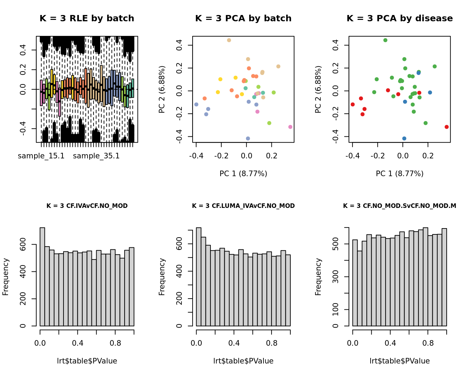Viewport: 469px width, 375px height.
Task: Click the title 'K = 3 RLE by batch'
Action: point(87,18)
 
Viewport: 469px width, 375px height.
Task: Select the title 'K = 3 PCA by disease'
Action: point(400,18)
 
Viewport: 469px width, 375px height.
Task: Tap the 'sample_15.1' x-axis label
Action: point(41,156)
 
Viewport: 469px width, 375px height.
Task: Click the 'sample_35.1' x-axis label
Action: point(96,156)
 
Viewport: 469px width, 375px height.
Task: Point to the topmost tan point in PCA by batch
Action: point(229,40)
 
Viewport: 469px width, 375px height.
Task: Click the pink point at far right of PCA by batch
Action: point(290,127)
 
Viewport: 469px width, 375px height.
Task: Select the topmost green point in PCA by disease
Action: point(385,40)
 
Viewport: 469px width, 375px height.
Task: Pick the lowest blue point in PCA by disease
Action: point(404,138)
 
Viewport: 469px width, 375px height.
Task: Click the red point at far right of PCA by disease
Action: point(447,127)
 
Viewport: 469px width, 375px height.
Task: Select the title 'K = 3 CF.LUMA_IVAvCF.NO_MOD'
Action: point(243,206)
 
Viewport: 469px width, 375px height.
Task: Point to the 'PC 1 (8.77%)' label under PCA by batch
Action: point(243,173)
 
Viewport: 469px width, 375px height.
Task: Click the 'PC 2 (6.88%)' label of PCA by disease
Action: point(318,89)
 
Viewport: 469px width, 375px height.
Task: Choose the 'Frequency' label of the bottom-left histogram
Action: point(6,277)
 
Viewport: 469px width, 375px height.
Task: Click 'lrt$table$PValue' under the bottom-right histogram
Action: point(400,361)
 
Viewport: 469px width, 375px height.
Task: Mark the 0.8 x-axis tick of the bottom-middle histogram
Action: point(271,343)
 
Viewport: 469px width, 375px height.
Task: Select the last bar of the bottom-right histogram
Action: point(444,277)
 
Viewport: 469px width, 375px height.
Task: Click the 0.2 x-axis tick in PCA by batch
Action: point(271,156)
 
